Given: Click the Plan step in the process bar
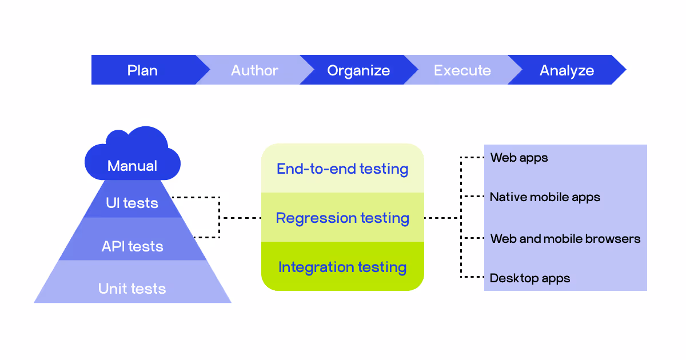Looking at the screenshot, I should click(x=143, y=70).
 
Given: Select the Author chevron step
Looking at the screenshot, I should click(x=254, y=70).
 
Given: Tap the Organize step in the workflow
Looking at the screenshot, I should click(x=358, y=70).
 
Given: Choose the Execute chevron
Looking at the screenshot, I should click(x=462, y=70).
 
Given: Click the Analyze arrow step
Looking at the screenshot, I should click(x=567, y=70).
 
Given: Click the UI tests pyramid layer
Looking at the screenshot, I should click(x=133, y=203).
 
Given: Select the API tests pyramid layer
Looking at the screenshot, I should click(x=133, y=246).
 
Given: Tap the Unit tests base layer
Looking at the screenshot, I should click(x=133, y=289).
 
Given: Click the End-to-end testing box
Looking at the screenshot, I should click(x=342, y=169).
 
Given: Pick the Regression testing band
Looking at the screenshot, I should click(x=342, y=218).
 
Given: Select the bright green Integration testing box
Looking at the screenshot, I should click(x=342, y=267).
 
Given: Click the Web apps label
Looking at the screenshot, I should click(x=519, y=158).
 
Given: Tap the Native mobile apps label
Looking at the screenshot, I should click(x=545, y=197).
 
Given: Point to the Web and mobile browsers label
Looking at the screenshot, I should click(x=565, y=238).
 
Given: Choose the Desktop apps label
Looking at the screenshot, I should click(x=530, y=278).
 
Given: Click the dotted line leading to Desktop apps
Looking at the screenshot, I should click(x=472, y=277).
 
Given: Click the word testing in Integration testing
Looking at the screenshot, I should click(x=382, y=267).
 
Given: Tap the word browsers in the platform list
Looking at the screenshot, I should click(x=616, y=238).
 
